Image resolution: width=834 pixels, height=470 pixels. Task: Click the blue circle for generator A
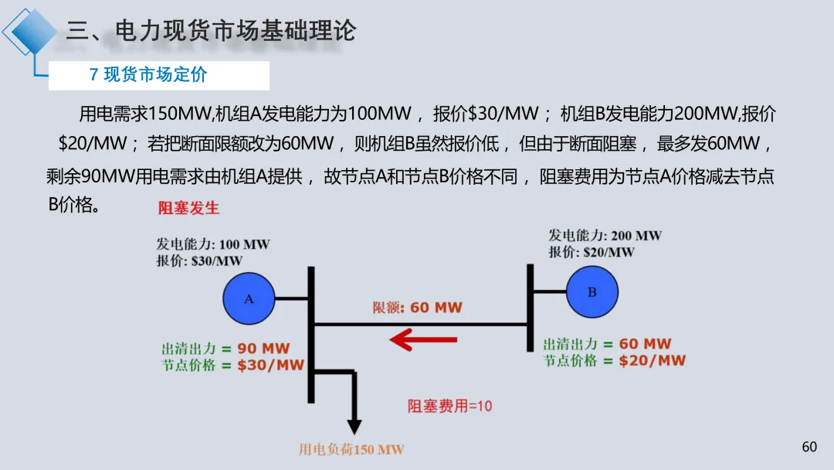pyautogui.click(x=249, y=298)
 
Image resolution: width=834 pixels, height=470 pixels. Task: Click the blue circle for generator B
pyautogui.click(x=592, y=291)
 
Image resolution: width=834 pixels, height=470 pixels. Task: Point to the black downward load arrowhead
pyautogui.click(x=354, y=426)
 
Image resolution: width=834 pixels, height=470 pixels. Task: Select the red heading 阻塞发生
pyautogui.click(x=188, y=208)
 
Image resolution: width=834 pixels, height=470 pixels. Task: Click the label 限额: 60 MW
pyautogui.click(x=418, y=307)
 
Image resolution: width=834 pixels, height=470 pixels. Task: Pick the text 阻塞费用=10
pyautogui.click(x=449, y=405)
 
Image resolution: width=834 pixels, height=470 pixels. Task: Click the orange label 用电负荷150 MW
pyautogui.click(x=351, y=449)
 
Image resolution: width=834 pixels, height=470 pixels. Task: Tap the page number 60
pyautogui.click(x=809, y=447)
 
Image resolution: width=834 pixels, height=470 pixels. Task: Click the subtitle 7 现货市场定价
pyautogui.click(x=148, y=75)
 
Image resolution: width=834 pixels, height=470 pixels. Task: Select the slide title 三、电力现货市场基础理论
pyautogui.click(x=211, y=31)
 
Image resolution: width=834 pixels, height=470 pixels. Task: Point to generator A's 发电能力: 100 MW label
pyautogui.click(x=213, y=244)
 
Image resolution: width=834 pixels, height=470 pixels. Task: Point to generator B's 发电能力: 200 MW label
pyautogui.click(x=605, y=236)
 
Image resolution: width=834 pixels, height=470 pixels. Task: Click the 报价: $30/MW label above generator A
pyautogui.click(x=199, y=261)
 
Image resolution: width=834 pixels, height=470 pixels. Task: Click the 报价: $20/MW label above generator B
pyautogui.click(x=592, y=252)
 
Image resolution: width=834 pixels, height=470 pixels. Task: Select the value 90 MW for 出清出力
pyautogui.click(x=263, y=349)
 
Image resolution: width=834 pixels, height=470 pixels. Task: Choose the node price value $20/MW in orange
pyautogui.click(x=652, y=360)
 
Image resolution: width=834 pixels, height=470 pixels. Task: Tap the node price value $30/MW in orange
pyautogui.click(x=270, y=365)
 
